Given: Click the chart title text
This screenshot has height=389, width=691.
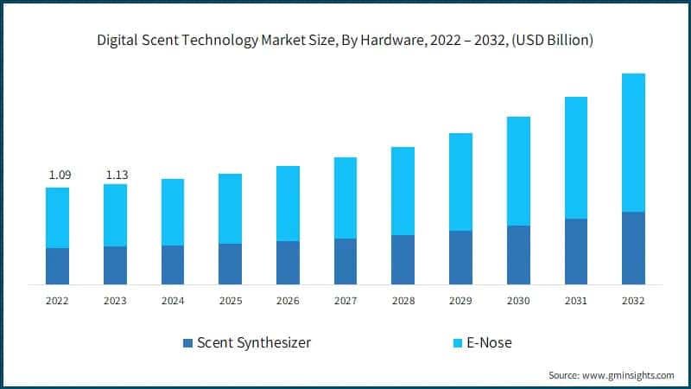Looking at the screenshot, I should click(345, 40).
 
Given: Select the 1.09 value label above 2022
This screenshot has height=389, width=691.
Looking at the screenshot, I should click(60, 175).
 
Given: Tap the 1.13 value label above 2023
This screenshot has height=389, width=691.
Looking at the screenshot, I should click(117, 175).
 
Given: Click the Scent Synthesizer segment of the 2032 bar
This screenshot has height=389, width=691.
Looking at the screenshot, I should click(633, 248).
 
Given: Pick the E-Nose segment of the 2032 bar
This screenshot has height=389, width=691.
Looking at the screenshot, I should click(633, 143).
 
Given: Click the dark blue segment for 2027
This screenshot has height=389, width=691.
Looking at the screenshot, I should click(345, 261).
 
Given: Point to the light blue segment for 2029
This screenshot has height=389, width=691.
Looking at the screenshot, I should click(460, 182).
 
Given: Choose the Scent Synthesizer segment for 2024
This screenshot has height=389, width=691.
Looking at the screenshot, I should click(173, 265).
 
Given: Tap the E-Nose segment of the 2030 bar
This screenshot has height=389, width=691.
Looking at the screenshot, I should click(518, 171).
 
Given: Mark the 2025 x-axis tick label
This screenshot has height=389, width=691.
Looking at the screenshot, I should click(230, 301).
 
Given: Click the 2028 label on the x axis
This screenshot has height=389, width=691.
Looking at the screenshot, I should click(403, 301).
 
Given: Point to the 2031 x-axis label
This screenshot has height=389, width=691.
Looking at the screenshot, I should click(575, 301).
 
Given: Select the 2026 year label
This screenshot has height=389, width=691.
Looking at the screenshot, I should click(288, 301).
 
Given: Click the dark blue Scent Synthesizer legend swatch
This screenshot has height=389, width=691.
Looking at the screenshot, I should click(187, 343).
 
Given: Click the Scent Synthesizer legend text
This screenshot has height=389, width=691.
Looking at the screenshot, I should click(254, 343).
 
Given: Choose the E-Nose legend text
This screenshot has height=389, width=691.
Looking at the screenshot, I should click(489, 343).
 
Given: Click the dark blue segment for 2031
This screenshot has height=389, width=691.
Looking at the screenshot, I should click(575, 252).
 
